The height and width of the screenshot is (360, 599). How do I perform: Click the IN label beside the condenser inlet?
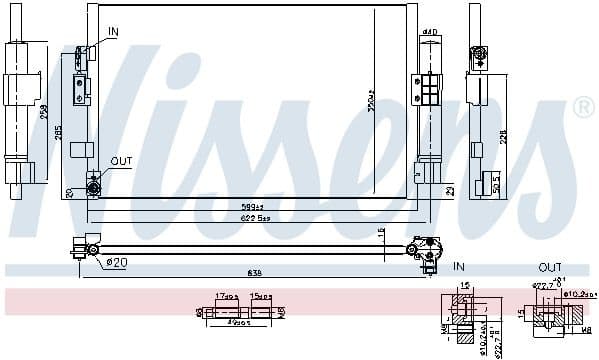pos(113,32)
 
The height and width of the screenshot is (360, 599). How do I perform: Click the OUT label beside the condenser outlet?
pos(121,160)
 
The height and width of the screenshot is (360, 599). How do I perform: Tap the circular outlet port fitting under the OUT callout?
pos(93,184)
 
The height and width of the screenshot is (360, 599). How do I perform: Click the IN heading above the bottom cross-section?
pos(459,267)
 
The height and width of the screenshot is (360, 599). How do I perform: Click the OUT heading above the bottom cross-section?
pos(550,267)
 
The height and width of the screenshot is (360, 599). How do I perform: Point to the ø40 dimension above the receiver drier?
pos(429,32)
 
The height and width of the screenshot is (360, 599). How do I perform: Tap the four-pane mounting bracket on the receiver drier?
pos(428,92)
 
